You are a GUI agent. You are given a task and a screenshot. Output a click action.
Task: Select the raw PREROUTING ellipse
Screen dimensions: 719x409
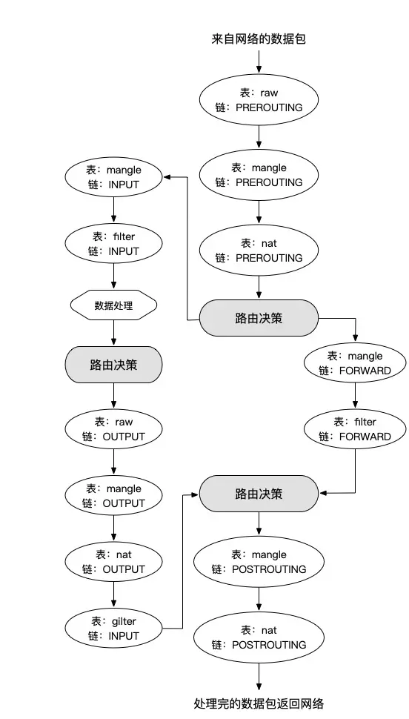259,101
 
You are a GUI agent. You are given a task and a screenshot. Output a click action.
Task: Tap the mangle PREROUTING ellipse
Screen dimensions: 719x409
259,175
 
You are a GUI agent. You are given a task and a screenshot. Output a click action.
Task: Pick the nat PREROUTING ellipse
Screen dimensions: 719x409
259,251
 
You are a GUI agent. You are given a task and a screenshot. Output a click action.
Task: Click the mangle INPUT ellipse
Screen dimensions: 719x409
113,177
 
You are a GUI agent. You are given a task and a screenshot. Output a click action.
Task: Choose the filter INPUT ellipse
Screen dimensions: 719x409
113,244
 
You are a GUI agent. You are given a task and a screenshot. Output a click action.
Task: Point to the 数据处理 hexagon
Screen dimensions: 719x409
113,305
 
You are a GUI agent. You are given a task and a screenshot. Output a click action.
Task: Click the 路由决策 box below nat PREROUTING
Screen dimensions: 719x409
259,319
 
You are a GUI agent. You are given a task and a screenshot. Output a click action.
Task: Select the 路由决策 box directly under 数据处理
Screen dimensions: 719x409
113,365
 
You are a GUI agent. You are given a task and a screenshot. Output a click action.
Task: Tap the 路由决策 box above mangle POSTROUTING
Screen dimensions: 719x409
259,493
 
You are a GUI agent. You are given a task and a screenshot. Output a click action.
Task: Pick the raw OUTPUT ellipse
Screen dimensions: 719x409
113,429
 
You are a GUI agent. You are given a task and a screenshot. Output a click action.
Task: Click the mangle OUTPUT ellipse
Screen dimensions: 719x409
113,496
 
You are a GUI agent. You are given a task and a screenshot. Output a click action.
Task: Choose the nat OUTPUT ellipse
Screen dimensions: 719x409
113,562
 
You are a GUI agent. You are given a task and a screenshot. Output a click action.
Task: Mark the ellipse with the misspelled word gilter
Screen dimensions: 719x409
113,629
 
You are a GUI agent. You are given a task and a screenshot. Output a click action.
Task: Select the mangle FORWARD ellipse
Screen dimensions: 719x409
355,363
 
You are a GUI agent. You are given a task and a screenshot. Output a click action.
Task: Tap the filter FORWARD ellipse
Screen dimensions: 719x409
355,429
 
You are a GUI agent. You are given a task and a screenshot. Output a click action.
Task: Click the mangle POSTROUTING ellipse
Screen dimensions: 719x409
259,562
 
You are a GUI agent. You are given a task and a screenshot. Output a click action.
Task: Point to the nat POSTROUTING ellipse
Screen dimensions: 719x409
259,637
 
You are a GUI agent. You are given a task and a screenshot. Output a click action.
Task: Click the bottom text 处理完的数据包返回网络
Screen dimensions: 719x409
259,703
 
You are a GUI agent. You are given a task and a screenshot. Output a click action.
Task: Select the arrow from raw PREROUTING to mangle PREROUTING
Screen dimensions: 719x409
259,136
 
